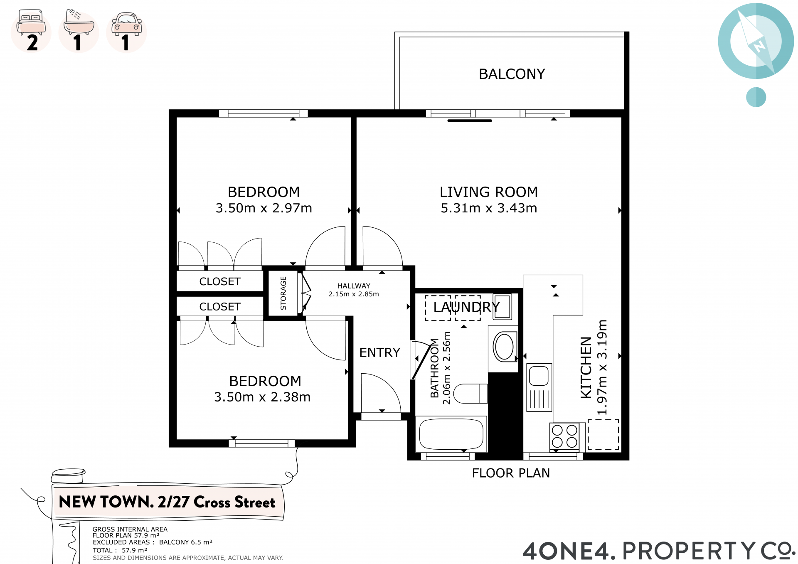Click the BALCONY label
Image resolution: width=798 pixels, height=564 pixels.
512,74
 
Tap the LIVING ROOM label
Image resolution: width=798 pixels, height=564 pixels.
489,192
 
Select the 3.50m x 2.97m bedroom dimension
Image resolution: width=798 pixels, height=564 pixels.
264,208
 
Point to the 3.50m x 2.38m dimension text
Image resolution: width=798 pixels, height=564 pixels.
262,397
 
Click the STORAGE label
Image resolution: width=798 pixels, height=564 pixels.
283,293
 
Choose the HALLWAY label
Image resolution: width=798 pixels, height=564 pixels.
354,286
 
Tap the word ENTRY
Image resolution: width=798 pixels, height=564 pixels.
379,352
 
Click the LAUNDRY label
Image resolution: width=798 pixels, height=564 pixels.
466,307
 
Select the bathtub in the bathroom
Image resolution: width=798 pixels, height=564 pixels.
451,434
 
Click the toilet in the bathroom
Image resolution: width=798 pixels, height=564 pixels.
470,393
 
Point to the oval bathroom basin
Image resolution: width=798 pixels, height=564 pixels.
505,346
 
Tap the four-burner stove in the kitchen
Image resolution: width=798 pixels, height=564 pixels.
564,436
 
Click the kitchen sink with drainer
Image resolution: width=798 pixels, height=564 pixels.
539,387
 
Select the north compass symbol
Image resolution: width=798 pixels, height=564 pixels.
756,41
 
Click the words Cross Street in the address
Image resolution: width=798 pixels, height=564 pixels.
234,502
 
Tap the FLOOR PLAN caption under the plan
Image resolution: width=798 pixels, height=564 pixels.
511,473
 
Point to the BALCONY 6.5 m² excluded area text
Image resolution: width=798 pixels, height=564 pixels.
186,542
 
